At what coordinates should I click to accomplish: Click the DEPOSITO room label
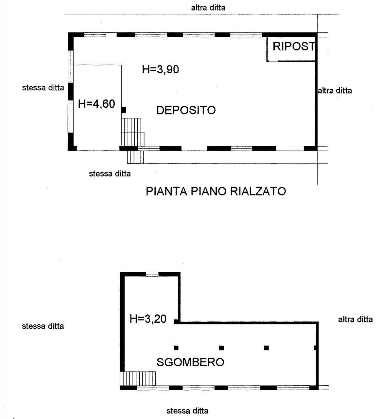186,110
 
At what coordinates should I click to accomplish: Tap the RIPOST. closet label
295,46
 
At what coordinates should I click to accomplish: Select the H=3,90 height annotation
161,69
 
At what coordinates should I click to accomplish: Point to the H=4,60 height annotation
96,104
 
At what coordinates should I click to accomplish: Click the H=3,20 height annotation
148,319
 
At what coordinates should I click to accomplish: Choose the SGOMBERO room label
190,362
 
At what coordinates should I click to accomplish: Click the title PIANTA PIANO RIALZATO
216,191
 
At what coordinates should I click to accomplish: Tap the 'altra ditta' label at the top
208,8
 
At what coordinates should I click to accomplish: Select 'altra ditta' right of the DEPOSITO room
335,91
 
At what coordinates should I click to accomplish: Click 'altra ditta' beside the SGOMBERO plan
355,319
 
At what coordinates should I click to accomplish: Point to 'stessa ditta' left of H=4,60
43,88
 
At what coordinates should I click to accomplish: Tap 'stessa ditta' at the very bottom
187,410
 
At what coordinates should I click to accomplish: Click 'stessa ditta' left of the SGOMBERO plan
43,326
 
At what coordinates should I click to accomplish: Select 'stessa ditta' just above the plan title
110,173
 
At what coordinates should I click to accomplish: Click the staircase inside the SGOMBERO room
138,378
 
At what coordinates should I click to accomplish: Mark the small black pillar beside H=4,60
124,110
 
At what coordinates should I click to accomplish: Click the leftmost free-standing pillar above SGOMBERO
176,348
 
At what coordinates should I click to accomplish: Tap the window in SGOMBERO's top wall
152,274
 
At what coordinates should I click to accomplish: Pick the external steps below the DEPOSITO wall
135,157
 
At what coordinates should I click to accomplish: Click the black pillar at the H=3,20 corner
176,321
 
